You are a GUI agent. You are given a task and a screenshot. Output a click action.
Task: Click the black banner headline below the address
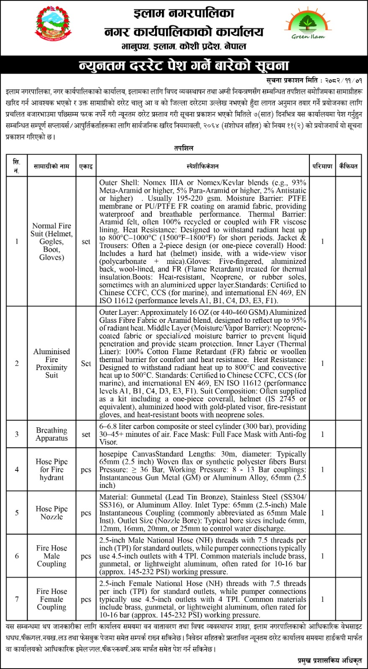(184, 66)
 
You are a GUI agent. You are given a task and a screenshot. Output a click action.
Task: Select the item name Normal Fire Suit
(51, 241)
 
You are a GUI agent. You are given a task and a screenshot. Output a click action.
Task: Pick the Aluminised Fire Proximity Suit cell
(51, 363)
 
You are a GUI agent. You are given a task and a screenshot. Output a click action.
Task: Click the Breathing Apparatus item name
(51, 434)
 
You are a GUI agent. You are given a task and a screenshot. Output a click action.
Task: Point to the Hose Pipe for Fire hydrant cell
(51, 469)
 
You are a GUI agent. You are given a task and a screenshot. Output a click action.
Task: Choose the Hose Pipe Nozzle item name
(51, 513)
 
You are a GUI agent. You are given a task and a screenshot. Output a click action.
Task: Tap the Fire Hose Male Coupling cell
(51, 556)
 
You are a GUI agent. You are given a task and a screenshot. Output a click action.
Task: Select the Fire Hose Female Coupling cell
(51, 599)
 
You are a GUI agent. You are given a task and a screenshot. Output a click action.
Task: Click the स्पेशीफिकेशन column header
(203, 166)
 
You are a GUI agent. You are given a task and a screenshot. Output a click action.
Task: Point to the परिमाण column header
(322, 166)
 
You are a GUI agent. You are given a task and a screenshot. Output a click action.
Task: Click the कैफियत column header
(348, 166)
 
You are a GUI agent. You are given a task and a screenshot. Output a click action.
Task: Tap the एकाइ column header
(86, 166)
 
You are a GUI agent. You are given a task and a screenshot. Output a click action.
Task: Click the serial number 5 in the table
(17, 513)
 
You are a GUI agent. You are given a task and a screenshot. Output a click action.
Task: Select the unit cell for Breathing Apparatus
(86, 434)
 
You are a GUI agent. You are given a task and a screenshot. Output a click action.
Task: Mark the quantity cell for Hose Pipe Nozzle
(322, 513)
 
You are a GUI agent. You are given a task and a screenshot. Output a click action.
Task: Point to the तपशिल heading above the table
(184, 148)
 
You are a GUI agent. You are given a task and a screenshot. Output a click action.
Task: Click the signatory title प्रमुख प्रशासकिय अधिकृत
(329, 661)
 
